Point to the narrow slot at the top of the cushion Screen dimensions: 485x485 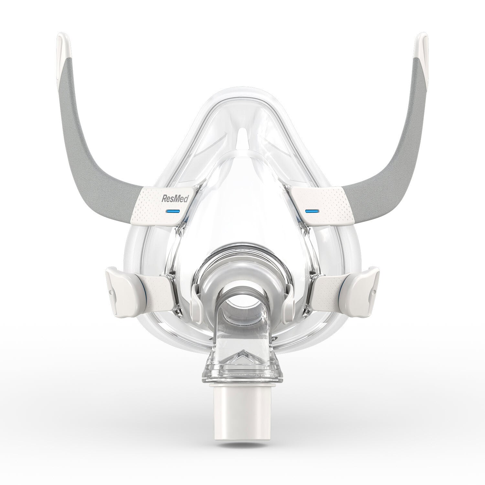(x=242, y=141)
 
